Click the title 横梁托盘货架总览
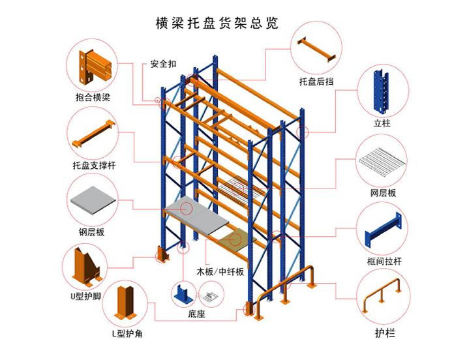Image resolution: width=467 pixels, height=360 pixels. [x=217, y=23]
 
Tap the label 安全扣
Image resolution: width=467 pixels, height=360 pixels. [x=163, y=64]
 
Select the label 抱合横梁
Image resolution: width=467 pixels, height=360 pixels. [x=93, y=98]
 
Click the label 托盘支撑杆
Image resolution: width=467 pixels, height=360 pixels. [x=93, y=165]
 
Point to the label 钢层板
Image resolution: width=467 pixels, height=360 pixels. [x=92, y=232]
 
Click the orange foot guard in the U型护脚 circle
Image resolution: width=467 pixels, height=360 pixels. [x=85, y=266]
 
